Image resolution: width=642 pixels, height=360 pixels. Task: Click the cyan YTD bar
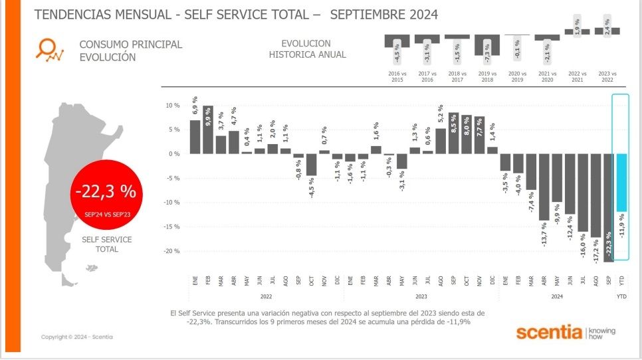pyautogui.click(x=621, y=183)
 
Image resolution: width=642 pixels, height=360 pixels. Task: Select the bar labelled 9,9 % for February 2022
pyautogui.click(x=208, y=130)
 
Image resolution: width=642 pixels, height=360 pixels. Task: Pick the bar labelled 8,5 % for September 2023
pyautogui.click(x=454, y=134)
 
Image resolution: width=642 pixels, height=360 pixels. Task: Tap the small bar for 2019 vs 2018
pyautogui.click(x=487, y=45)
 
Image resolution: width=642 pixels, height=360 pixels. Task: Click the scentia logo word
pyautogui.click(x=548, y=332)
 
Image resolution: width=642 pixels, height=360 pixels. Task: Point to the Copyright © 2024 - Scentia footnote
pyautogui.click(x=76, y=337)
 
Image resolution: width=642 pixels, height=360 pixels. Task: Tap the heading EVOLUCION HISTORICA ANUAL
pyautogui.click(x=307, y=49)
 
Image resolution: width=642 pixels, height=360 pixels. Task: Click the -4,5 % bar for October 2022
pyautogui.click(x=311, y=165)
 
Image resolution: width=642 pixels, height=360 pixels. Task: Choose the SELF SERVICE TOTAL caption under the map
pyautogui.click(x=106, y=244)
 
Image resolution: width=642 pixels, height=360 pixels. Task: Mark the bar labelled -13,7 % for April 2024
pyautogui.click(x=544, y=187)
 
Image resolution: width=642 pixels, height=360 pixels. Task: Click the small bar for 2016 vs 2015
pyautogui.click(x=397, y=41)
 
